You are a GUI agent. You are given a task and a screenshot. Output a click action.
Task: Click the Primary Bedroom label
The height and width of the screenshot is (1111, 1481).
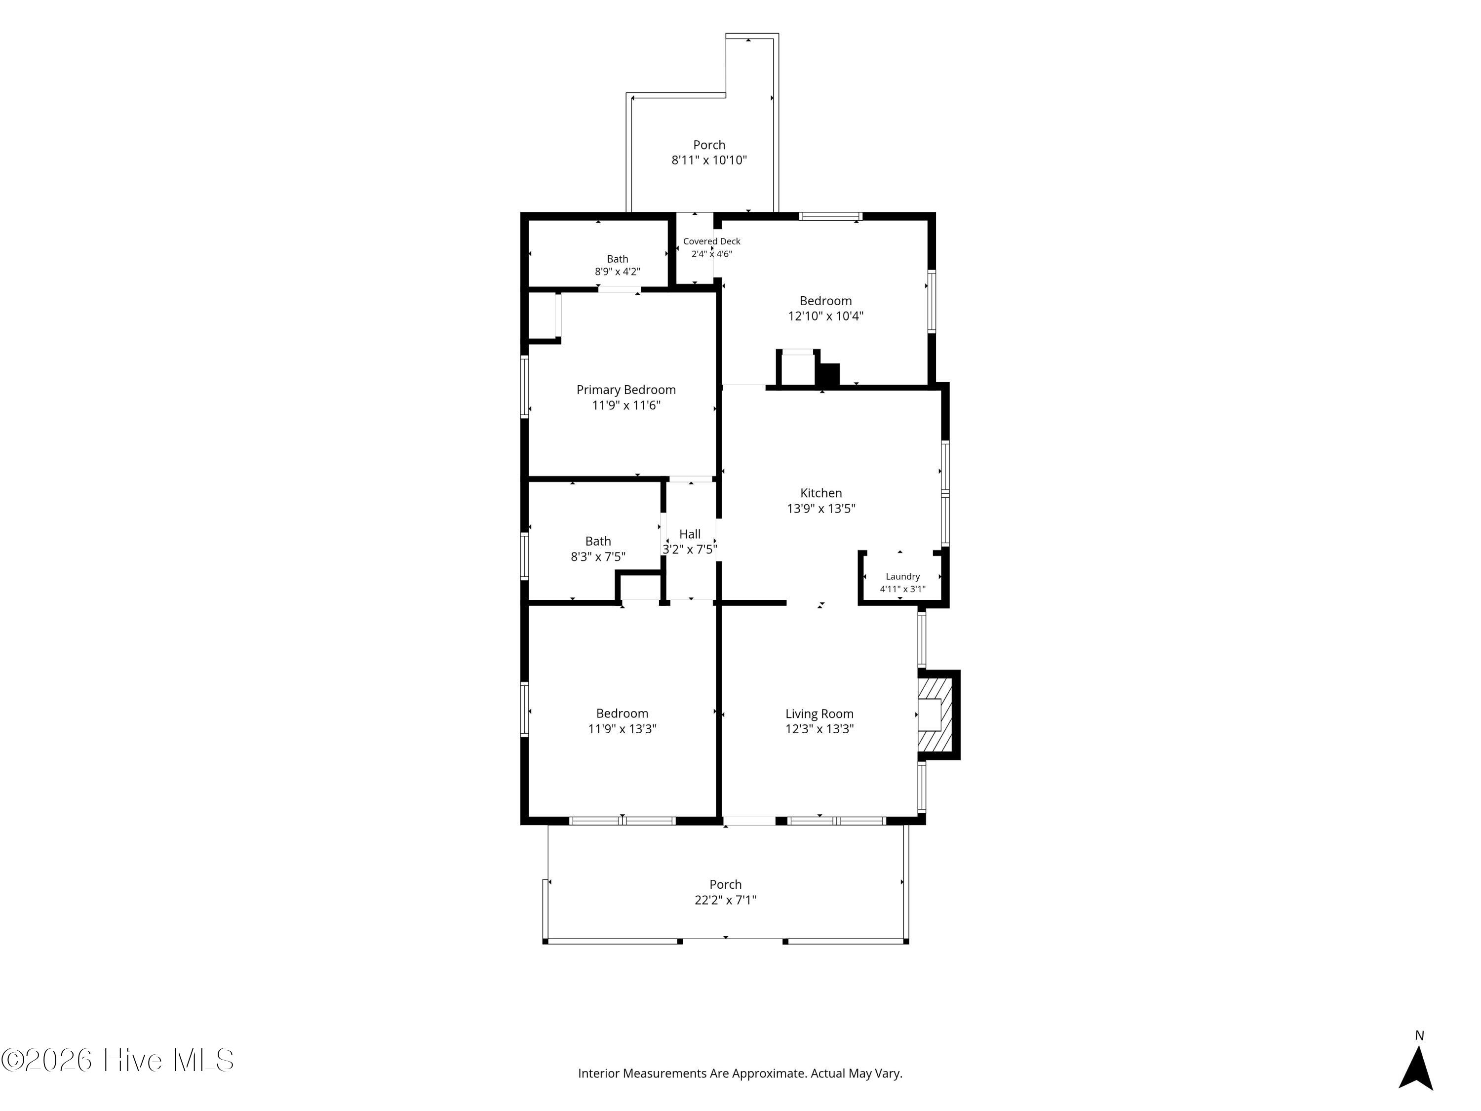626,390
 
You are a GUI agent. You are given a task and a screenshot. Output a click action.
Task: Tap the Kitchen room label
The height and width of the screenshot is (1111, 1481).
821,493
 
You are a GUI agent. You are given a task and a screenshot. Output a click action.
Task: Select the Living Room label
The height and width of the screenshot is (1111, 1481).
819,714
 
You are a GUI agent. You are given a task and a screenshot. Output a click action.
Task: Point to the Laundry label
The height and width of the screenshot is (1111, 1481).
902,577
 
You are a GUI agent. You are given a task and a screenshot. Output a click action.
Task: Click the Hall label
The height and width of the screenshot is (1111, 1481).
690,534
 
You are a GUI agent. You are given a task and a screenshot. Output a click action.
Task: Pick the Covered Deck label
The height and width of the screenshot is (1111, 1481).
712,241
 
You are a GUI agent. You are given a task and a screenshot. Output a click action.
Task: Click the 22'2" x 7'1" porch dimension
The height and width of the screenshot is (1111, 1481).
725,900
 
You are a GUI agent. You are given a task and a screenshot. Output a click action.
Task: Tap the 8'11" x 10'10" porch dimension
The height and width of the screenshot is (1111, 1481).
709,160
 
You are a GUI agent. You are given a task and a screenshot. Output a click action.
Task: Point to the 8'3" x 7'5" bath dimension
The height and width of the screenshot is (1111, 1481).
598,556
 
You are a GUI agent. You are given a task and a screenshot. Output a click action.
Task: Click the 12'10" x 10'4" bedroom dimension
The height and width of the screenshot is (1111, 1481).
825,316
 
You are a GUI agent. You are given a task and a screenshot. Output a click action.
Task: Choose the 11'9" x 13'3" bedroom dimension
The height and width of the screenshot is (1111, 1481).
622,729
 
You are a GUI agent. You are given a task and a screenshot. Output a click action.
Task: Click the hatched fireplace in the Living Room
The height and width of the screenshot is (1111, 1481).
935,714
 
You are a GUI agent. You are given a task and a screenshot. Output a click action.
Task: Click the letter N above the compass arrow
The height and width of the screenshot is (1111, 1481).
1419,1035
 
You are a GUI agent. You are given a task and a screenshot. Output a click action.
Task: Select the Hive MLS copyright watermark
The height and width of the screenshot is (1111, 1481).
118,1060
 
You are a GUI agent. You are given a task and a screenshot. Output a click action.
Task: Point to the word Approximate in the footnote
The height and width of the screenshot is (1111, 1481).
769,1073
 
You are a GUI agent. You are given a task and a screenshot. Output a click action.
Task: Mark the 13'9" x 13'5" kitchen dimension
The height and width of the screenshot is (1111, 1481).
821,508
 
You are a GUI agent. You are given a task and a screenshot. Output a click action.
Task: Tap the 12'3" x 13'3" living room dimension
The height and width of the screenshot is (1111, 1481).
819,729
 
